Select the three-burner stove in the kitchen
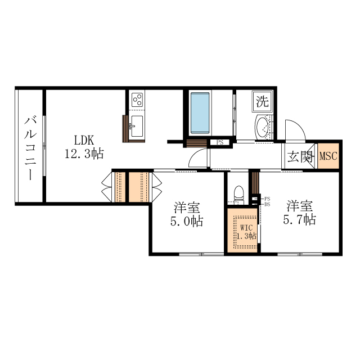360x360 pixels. coord(137,100)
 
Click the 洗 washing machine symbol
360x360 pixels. coord(262,101)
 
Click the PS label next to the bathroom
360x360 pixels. coord(219,142)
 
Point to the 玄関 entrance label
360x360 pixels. coord(299,156)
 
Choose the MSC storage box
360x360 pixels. coord(328,156)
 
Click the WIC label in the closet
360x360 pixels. coord(246,228)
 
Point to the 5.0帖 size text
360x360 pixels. coord(187,221)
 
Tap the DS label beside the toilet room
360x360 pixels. coord(267,204)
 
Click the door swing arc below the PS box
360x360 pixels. coord(198,159)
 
